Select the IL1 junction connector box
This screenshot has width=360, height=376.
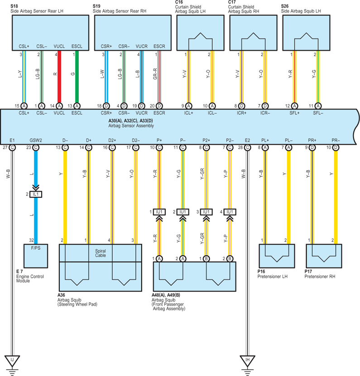click(36, 194)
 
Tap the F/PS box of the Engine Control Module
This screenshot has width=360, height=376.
click(36, 256)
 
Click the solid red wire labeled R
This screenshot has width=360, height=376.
click(59, 77)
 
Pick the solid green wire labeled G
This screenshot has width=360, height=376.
click(77, 77)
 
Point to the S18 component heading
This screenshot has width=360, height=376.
click(14, 6)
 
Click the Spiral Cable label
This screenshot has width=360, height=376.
click(101, 253)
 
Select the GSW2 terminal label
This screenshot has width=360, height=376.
click(36, 140)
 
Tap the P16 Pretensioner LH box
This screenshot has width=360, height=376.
click(277, 256)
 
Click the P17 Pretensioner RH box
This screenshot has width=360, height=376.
click(324, 256)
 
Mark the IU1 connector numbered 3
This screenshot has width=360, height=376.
click(206, 212)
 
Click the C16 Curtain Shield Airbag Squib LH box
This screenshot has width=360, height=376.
click(201, 33)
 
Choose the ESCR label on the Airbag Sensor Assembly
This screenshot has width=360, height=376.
click(159, 113)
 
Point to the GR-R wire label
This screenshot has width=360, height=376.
click(155, 74)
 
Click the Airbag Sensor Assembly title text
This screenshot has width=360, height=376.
click(131, 126)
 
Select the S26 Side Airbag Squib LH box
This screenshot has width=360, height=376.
click(306, 33)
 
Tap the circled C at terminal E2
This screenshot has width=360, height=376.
click(247, 148)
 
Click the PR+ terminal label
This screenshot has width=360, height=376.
click(312, 140)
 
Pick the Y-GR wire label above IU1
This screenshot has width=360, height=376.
click(202, 174)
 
